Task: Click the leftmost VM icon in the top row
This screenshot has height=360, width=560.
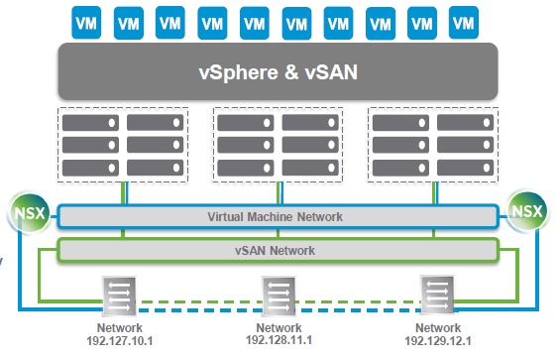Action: [x=86, y=20]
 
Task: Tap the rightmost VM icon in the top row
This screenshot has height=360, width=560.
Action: [x=461, y=20]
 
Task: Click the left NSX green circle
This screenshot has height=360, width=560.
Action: [x=25, y=210]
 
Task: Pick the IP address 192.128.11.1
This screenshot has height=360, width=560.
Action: [x=280, y=341]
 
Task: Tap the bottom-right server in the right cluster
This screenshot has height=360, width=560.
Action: [x=465, y=168]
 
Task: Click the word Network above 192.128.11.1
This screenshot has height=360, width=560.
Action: [x=280, y=328]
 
